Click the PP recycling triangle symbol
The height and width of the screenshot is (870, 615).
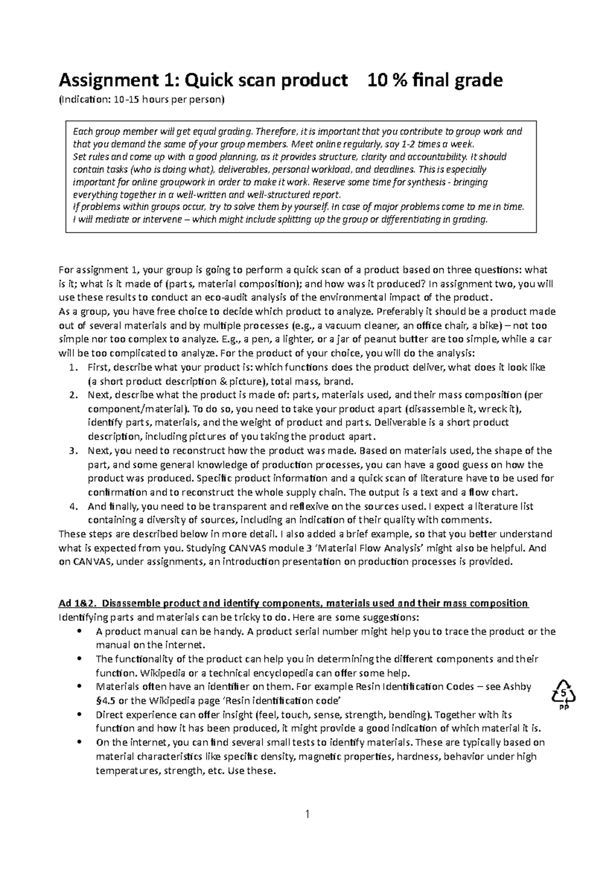pos(563,695)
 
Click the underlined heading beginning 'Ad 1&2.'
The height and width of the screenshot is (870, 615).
pos(294,603)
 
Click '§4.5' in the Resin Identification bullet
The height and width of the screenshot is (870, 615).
pos(106,700)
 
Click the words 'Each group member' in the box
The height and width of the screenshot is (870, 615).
pos(110,132)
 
